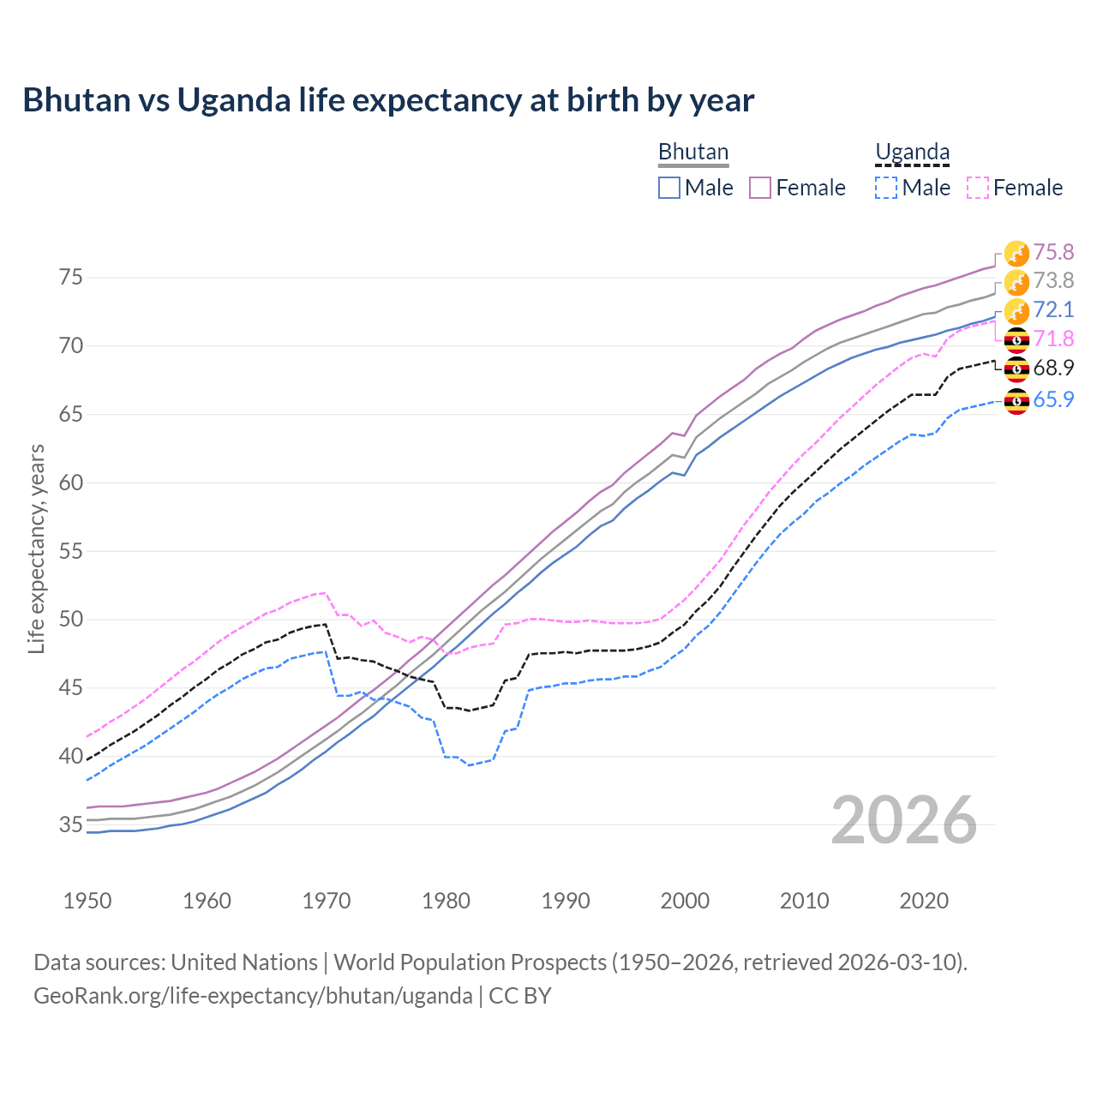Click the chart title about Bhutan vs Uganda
click(x=388, y=100)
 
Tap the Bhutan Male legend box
click(x=669, y=188)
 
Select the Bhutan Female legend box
click(x=760, y=188)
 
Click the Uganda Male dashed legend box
click(x=886, y=188)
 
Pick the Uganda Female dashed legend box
click(x=978, y=188)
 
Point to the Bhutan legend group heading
click(x=693, y=152)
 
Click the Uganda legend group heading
click(x=912, y=152)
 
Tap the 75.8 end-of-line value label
click(x=1053, y=252)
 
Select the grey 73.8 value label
click(x=1053, y=280)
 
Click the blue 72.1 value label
click(x=1053, y=309)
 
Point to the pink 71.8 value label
click(x=1053, y=339)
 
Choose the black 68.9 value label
click(x=1053, y=368)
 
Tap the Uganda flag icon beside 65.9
click(x=1016, y=400)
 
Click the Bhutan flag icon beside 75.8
click(x=1016, y=253)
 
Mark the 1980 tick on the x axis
click(x=446, y=901)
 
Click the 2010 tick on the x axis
click(x=804, y=901)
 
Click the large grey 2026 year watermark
click(x=904, y=820)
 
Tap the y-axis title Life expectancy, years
click(x=37, y=548)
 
